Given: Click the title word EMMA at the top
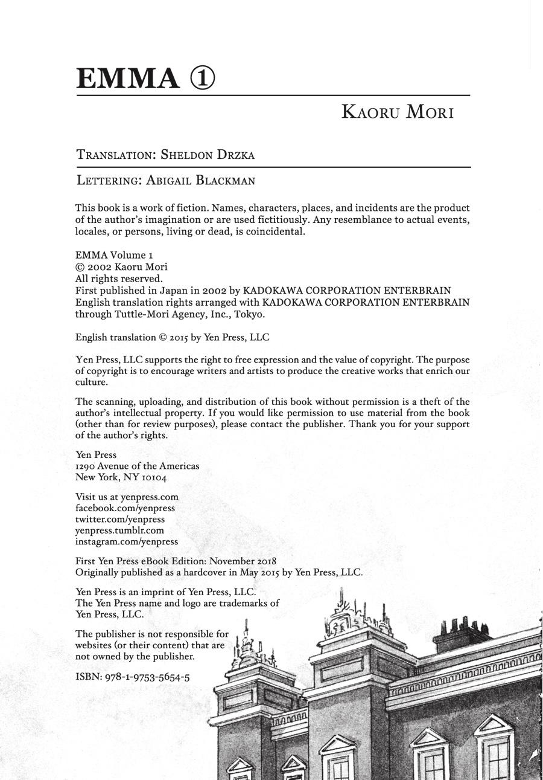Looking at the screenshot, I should [x=128, y=79].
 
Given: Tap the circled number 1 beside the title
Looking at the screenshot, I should [x=203, y=79].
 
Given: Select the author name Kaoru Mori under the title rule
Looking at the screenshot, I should [x=397, y=112].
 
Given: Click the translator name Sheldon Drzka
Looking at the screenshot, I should [x=208, y=155].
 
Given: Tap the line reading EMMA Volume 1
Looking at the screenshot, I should [x=114, y=255].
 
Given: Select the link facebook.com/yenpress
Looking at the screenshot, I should [x=125, y=508].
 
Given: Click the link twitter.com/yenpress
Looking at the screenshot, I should [x=119, y=520].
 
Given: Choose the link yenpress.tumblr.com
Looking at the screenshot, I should [x=119, y=530].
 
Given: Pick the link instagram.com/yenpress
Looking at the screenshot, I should [x=126, y=542].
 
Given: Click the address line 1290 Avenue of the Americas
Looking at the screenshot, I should [x=137, y=466].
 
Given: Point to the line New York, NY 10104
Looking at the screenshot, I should [x=121, y=477].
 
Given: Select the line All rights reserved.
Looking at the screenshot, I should [x=119, y=279].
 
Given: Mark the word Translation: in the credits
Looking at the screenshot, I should [x=116, y=155].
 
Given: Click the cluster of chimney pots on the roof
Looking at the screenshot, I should [x=462, y=628].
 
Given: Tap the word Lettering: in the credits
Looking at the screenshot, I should [x=109, y=181].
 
